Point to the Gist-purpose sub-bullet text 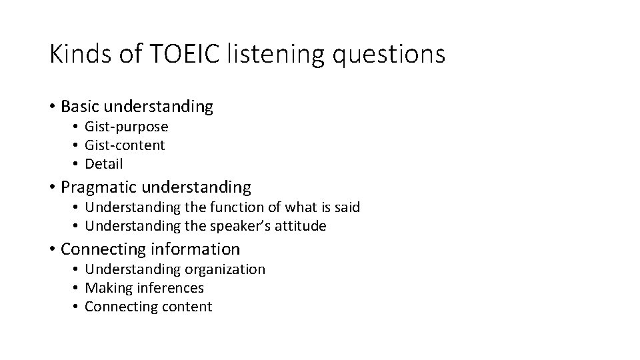coord(127,127)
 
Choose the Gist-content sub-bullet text coord(125,145)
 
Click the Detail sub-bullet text coord(104,164)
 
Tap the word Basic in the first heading coord(80,106)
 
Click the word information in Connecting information coord(196,249)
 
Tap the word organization coord(227,269)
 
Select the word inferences coord(171,288)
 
